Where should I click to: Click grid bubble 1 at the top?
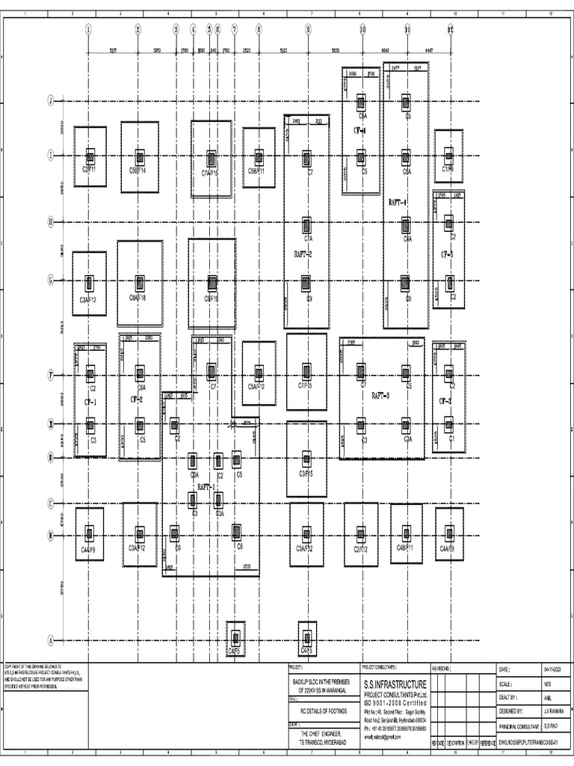[88, 30]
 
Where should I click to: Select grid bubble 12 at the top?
[451, 30]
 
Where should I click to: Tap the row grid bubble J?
[51, 100]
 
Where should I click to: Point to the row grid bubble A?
[51, 641]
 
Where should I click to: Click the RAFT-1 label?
[206, 487]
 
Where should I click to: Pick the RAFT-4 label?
[397, 202]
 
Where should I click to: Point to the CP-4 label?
[359, 129]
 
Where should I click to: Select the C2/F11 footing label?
[90, 171]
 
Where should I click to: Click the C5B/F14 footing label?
[138, 171]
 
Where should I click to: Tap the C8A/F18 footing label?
[138, 298]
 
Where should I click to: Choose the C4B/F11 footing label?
[406, 548]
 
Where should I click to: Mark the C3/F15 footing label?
[306, 474]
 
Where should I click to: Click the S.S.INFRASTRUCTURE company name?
[395, 684]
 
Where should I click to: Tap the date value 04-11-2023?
[553, 668]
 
